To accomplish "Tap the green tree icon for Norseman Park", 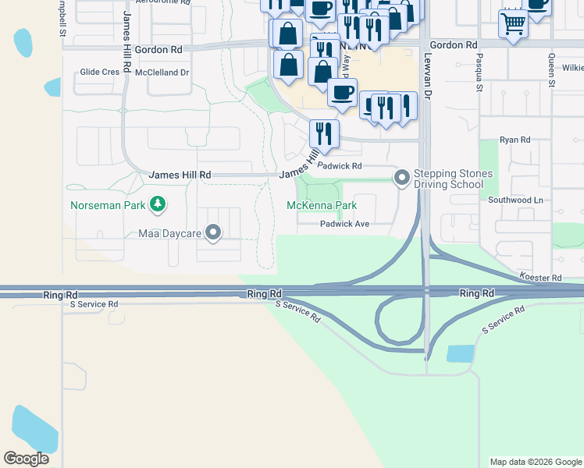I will (x=158, y=204).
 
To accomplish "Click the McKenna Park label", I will (x=322, y=205).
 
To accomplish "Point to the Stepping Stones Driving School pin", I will (x=402, y=179).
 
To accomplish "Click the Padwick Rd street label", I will (x=340, y=166).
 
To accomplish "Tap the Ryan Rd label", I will (x=515, y=140).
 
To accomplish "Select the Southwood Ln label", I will (x=515, y=200).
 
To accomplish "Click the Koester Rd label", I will (x=540, y=277).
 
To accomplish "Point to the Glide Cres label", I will (x=100, y=72).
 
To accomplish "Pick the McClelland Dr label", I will (x=162, y=72).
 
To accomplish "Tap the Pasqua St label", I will (x=479, y=73).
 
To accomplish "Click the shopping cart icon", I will (x=513, y=23).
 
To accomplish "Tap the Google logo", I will (x=26, y=459).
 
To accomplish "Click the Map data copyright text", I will (x=536, y=462).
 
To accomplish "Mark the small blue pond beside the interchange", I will (x=460, y=353).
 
